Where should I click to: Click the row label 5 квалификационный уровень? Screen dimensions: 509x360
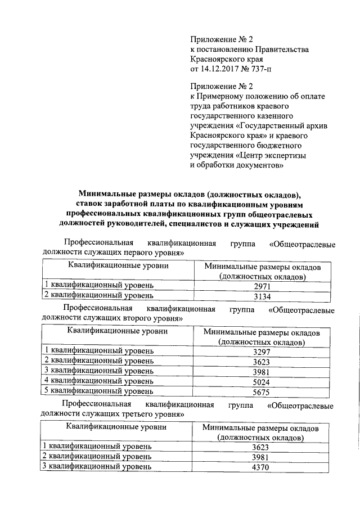[99, 391]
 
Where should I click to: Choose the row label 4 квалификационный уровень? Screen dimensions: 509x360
[99, 381]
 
